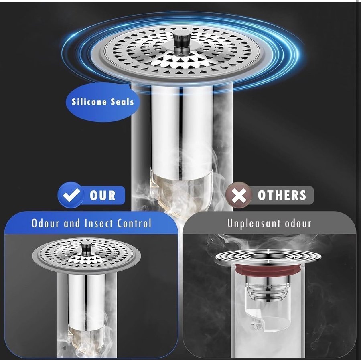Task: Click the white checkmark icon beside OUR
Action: click(71, 195)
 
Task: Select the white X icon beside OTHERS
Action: click(239, 195)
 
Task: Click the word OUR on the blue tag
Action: click(102, 196)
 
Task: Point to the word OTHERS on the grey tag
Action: click(282, 195)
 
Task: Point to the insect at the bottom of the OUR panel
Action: click(63, 348)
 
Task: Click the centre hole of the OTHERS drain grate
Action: click(268, 257)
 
